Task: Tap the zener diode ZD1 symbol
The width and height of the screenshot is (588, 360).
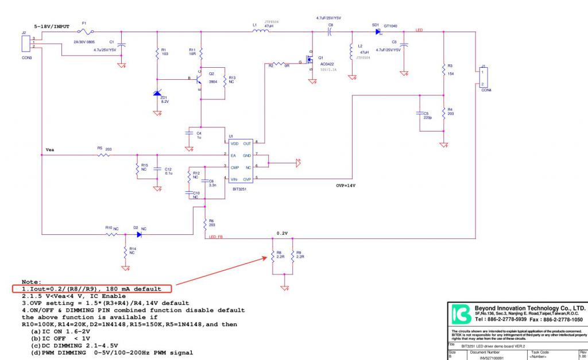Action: [x=157, y=94]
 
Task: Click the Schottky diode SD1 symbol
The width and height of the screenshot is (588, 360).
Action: [x=378, y=32]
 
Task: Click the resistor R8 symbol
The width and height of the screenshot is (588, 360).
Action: [x=273, y=256]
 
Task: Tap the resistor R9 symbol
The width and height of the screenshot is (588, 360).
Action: [x=292, y=256]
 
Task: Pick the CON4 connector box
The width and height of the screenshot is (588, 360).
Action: [x=481, y=77]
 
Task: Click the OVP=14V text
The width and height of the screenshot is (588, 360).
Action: [x=347, y=186]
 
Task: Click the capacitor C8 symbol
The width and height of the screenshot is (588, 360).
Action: [x=331, y=32]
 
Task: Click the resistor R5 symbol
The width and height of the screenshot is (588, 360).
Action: [x=103, y=154]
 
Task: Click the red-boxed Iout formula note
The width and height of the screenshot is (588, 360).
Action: [x=92, y=288]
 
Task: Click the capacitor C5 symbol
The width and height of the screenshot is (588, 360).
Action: [x=420, y=113]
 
